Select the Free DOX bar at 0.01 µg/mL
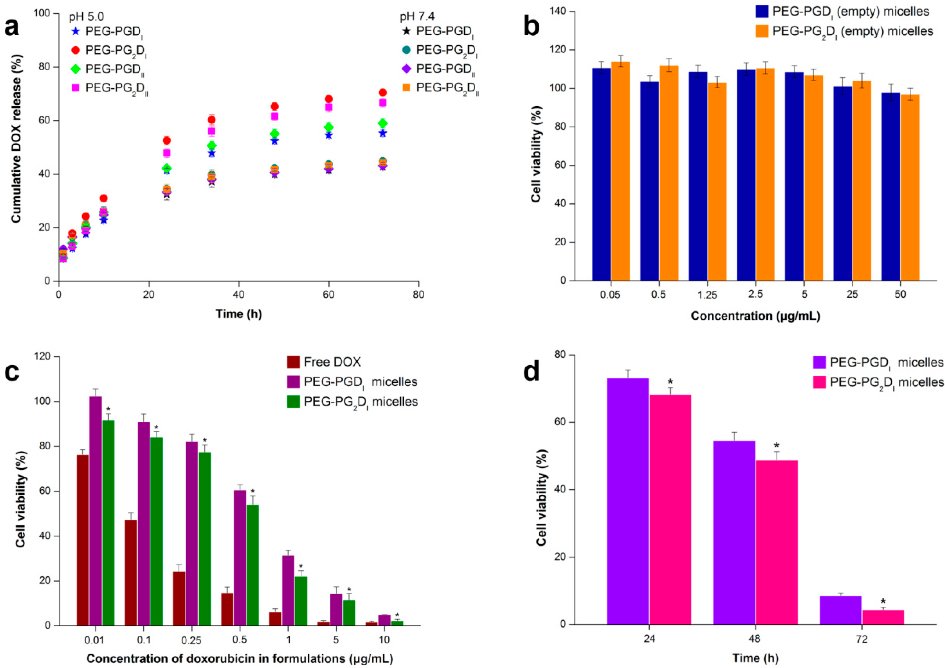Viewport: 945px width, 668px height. pyautogui.click(x=83, y=540)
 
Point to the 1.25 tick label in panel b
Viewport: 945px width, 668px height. pyautogui.click(x=707, y=295)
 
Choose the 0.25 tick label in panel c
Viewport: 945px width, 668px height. pyautogui.click(x=191, y=640)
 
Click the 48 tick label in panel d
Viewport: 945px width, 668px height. pyautogui.click(x=755, y=639)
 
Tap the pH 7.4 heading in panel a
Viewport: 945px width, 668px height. pyautogui.click(x=417, y=17)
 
